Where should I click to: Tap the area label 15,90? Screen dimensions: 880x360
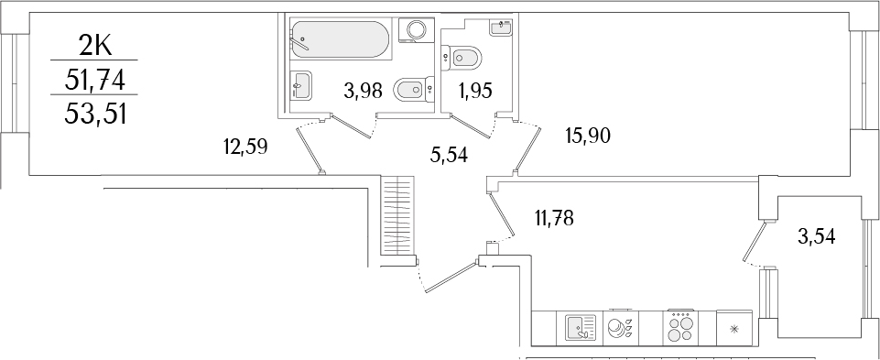coord(588,136)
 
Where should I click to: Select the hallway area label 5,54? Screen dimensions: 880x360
coord(449,155)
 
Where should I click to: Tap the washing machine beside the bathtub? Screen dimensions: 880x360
coord(418,29)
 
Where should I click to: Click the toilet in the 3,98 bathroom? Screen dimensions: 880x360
coord(409,89)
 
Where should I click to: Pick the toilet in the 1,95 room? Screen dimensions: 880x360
coord(460,59)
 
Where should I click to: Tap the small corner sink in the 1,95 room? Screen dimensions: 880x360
coord(501,27)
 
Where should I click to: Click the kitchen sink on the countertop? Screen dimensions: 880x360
coord(579,327)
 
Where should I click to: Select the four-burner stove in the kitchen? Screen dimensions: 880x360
coord(679,326)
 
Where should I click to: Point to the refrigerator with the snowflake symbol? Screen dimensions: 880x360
coord(733,327)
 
